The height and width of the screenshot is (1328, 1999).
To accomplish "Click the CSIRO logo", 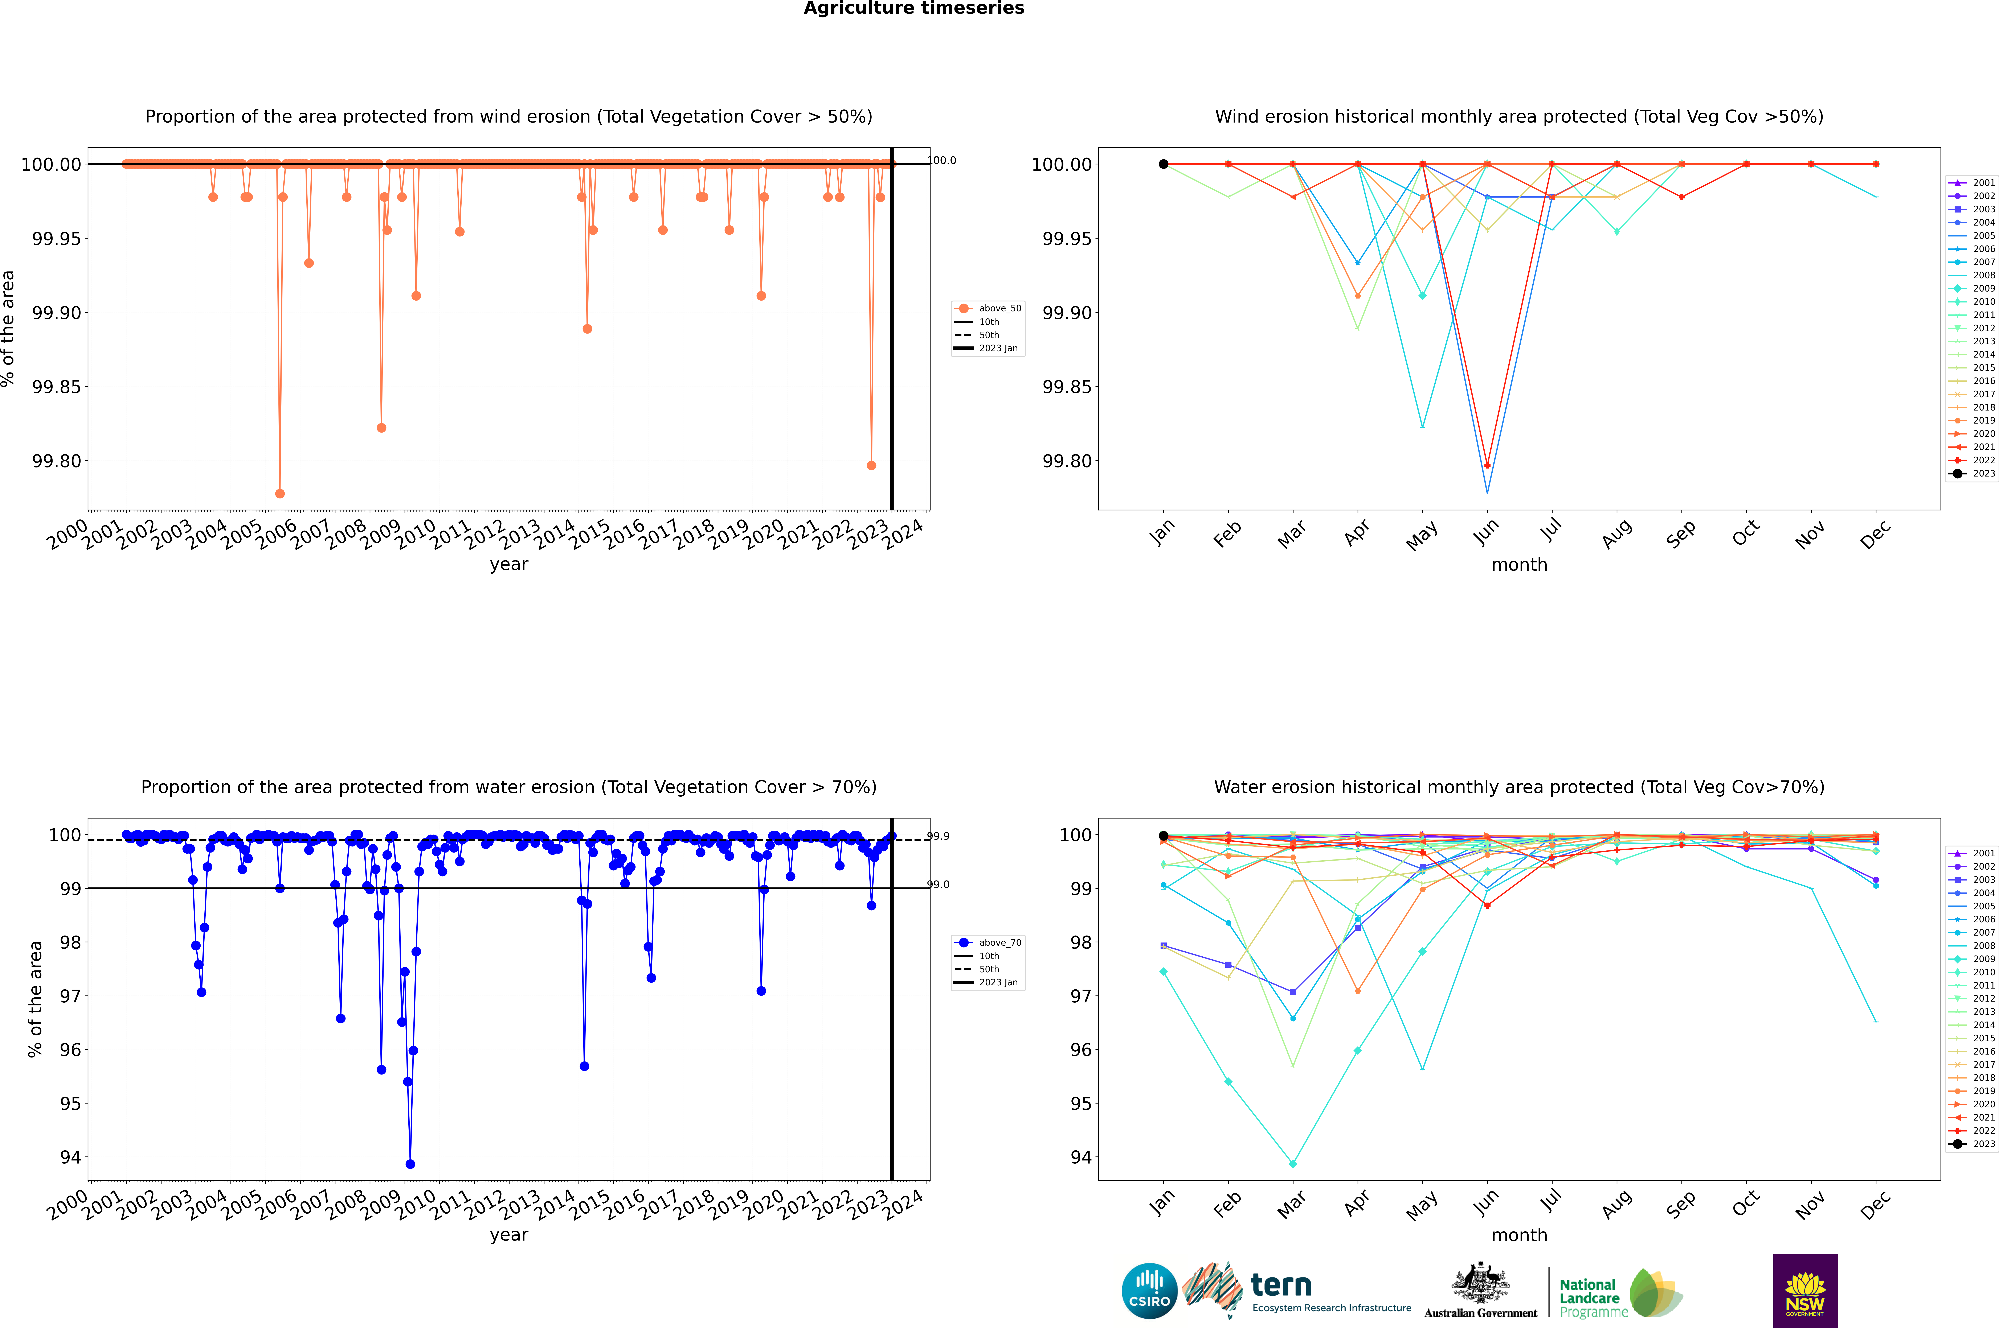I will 1149,1291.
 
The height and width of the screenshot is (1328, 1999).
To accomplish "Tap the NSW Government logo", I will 1805,1291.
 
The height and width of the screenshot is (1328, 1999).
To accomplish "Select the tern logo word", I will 1281,1286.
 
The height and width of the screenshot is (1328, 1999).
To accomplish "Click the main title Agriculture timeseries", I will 913,8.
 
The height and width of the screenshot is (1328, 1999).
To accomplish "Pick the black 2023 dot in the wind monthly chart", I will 1164,164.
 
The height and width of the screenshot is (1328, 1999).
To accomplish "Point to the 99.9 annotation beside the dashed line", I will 938,836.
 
